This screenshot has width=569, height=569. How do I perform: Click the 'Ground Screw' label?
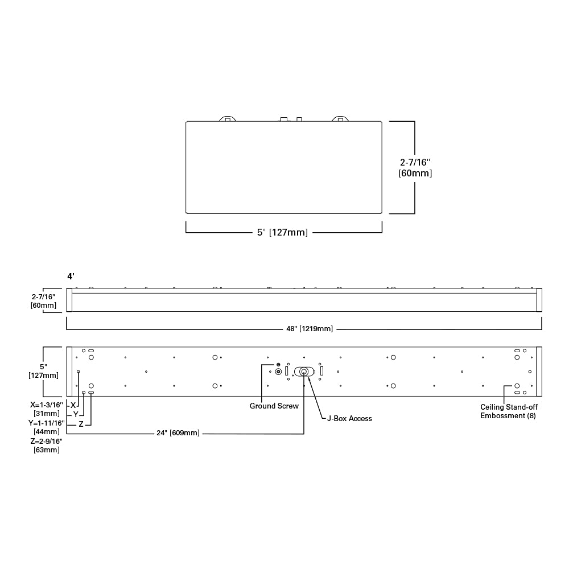[274, 406]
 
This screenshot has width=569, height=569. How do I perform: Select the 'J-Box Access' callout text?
[349, 418]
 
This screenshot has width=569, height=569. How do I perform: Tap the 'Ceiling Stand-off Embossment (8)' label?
[509, 411]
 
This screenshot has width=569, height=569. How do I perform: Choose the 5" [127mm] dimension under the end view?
[282, 232]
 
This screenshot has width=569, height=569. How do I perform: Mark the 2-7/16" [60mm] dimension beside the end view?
[415, 167]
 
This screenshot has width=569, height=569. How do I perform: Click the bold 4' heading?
[71, 277]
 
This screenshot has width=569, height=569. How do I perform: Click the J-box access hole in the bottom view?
[304, 372]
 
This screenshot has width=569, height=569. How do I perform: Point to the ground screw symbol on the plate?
[278, 371]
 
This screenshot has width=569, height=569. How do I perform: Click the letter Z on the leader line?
[81, 424]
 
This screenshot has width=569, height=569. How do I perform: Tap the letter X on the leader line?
[73, 405]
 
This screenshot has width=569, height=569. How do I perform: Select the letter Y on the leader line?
[76, 414]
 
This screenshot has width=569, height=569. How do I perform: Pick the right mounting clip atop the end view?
[340, 118]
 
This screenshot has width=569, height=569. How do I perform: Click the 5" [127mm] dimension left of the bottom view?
[43, 370]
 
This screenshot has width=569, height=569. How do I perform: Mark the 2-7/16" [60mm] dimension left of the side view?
[43, 301]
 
